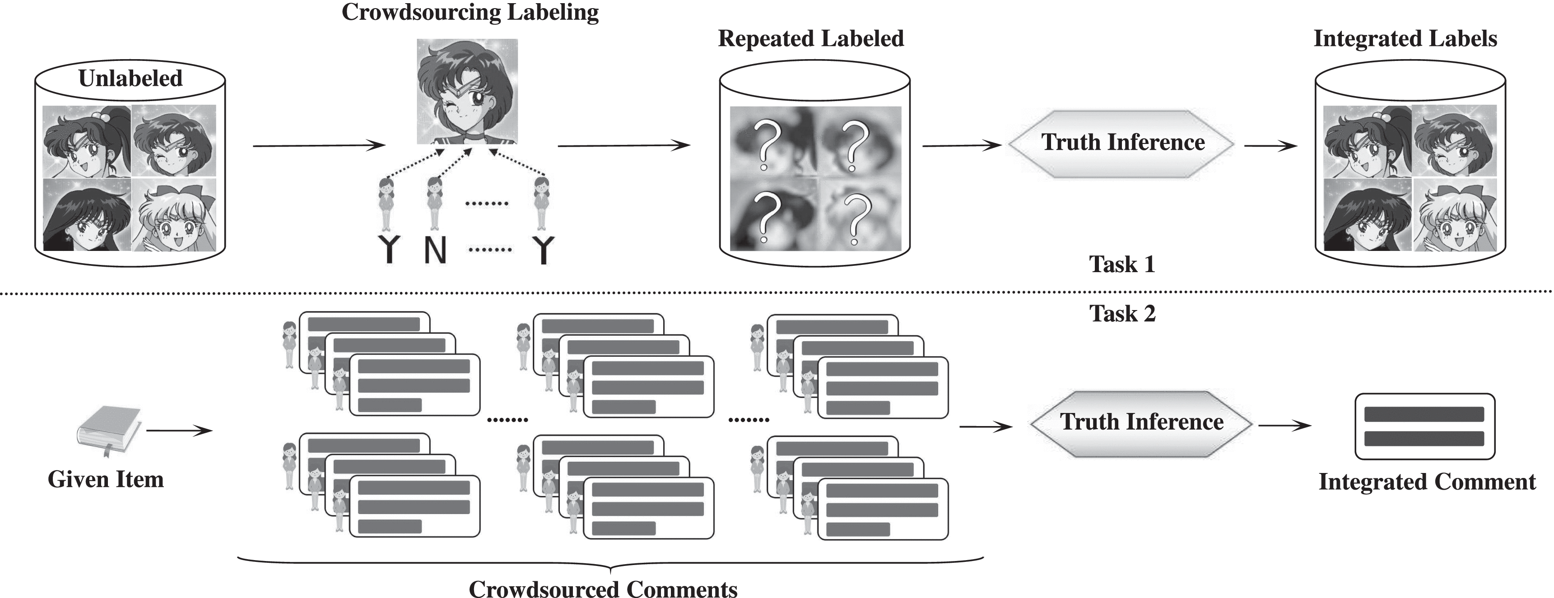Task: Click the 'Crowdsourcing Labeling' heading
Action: (x=470, y=12)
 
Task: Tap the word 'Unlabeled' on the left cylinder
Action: (x=130, y=79)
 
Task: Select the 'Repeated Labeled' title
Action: (x=811, y=38)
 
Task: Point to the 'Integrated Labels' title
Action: (x=1405, y=38)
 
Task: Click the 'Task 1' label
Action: (x=1121, y=264)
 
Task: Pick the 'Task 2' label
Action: (x=1122, y=314)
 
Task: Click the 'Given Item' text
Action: (x=106, y=479)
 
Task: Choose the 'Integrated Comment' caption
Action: (x=1427, y=482)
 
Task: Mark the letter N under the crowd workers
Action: (x=435, y=250)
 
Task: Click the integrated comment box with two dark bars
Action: (x=1424, y=426)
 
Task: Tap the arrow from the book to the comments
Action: (x=179, y=431)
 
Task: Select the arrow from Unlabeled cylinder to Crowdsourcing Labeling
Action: (x=319, y=145)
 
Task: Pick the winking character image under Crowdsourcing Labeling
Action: (x=467, y=91)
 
